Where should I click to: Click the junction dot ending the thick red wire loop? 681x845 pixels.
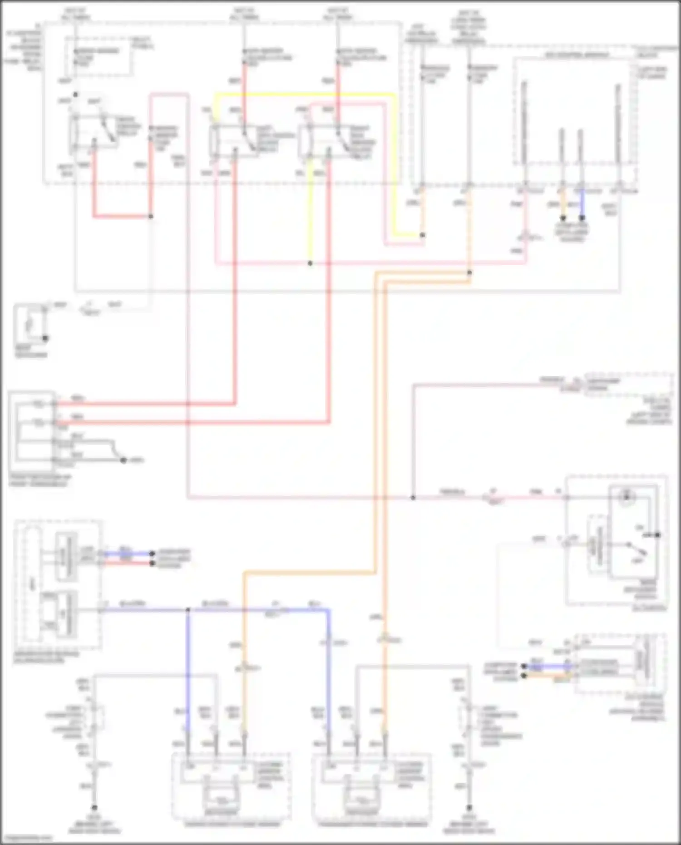(151, 217)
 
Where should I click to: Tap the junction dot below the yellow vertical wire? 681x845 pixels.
(310, 263)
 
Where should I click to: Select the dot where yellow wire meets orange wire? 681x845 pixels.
(422, 235)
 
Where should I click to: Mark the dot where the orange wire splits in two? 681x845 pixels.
(469, 273)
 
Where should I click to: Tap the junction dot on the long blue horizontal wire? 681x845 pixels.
(188, 610)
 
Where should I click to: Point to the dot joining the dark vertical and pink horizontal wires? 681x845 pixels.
(413, 498)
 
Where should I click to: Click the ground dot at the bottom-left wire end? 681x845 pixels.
(94, 808)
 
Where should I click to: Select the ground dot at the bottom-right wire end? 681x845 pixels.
(469, 808)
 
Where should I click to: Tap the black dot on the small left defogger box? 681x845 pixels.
(45, 338)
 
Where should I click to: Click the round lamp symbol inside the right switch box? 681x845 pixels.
(627, 497)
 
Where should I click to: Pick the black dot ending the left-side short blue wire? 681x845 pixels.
(153, 553)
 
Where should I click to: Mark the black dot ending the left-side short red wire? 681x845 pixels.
(153, 563)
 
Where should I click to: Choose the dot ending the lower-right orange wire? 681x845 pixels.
(523, 676)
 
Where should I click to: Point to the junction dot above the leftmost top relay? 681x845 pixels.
(75, 94)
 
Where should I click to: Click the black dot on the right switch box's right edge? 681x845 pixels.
(657, 535)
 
